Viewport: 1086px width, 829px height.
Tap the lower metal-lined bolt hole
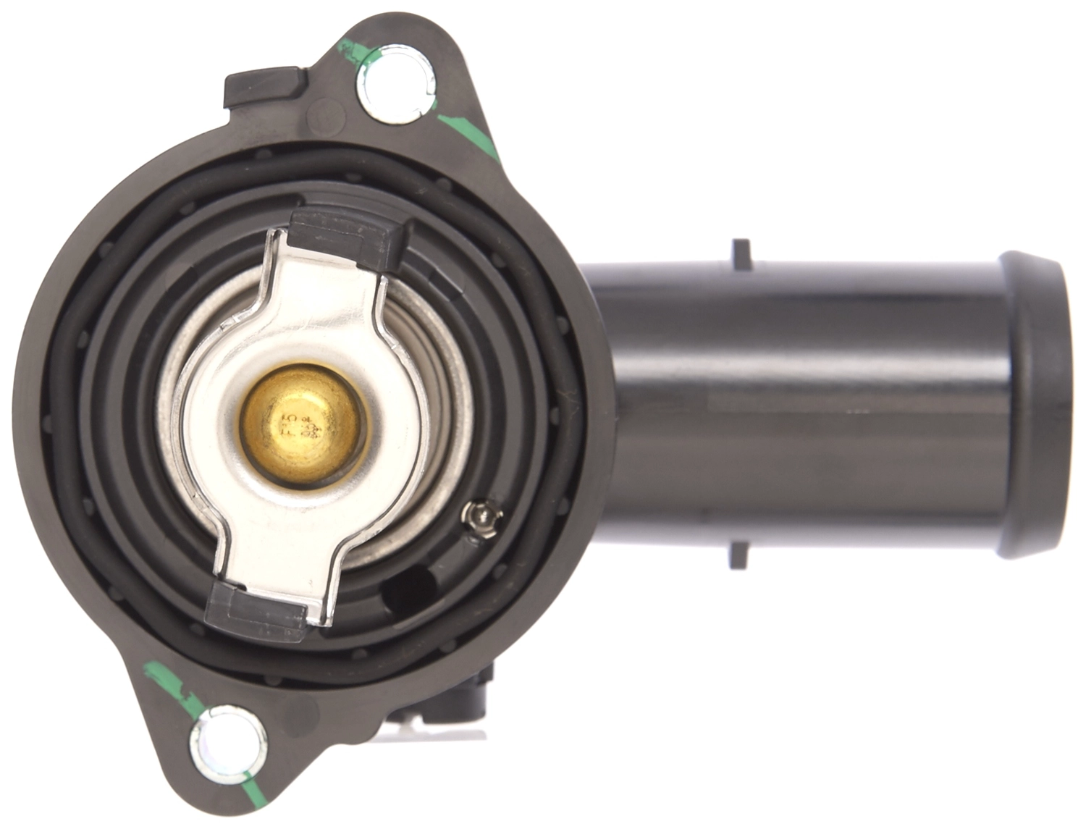(x=228, y=744)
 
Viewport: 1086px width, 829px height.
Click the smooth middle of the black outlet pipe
(x=796, y=405)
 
